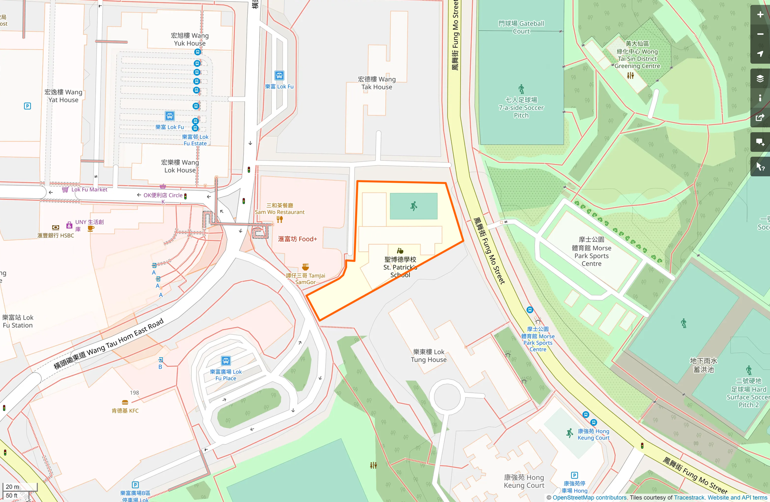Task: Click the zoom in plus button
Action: pyautogui.click(x=760, y=15)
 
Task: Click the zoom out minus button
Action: pyautogui.click(x=760, y=34)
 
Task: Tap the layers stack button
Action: pyautogui.click(x=760, y=79)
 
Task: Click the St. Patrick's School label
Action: pyautogui.click(x=400, y=267)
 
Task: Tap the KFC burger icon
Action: pyautogui.click(x=125, y=402)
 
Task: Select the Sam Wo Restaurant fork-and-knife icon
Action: pyautogui.click(x=280, y=220)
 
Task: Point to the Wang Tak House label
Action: pyautogui.click(x=376, y=83)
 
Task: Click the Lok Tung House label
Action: pyautogui.click(x=428, y=355)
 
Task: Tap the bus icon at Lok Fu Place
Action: pyautogui.click(x=226, y=361)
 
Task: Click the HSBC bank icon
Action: pyautogui.click(x=56, y=227)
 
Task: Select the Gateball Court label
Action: pyautogui.click(x=521, y=27)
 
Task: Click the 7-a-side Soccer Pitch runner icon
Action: pyautogui.click(x=521, y=89)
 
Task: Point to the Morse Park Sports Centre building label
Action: pyautogui.click(x=591, y=252)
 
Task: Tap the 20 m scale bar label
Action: pyautogui.click(x=13, y=486)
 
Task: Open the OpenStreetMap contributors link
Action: pyautogui.click(x=589, y=498)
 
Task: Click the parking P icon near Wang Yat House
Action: pyautogui.click(x=27, y=106)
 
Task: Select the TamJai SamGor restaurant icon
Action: pyautogui.click(x=305, y=267)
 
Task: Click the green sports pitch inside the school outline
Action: pyautogui.click(x=414, y=206)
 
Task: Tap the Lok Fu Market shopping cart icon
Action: pyautogui.click(x=65, y=189)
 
